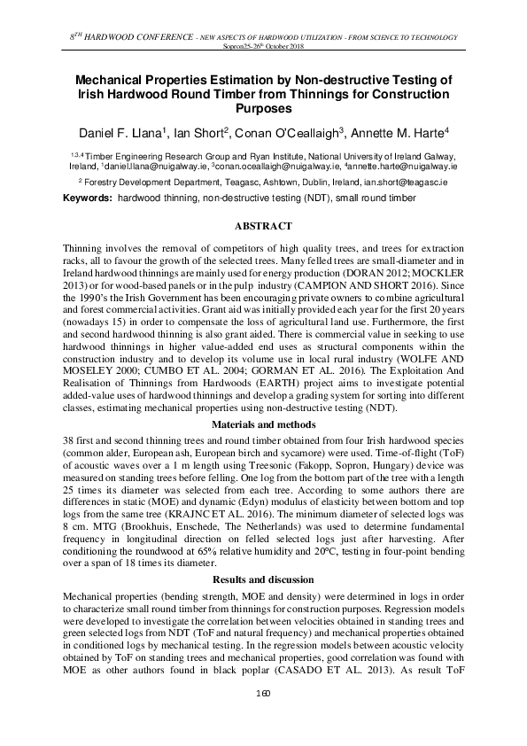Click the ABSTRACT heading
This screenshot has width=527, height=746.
point(263,227)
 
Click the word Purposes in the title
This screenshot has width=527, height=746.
point(263,109)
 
